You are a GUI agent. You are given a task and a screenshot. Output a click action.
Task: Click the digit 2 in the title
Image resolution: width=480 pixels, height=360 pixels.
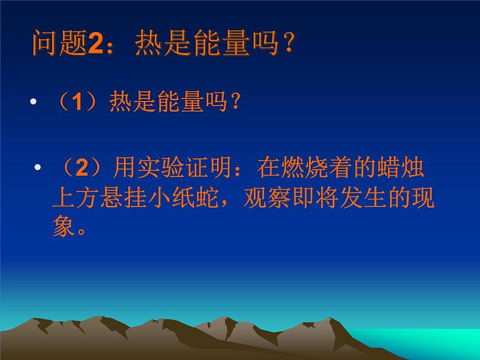[96, 43]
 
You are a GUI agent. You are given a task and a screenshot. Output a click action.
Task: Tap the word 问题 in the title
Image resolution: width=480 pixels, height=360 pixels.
[60, 43]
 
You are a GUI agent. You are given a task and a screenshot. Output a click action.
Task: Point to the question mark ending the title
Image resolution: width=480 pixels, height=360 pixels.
[289, 42]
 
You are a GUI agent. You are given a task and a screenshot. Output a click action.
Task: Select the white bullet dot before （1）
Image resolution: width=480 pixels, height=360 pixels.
[33, 101]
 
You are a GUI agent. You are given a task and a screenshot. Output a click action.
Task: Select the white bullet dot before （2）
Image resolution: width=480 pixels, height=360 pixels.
[37, 167]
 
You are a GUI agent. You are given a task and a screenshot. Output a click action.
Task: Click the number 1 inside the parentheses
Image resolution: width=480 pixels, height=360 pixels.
[78, 101]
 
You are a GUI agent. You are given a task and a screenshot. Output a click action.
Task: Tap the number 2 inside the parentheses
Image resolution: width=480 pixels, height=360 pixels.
[82, 167]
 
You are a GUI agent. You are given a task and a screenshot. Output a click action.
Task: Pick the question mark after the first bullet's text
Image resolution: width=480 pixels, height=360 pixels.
[236, 101]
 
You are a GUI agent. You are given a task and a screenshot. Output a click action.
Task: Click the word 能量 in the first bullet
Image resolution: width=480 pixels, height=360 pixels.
[181, 101]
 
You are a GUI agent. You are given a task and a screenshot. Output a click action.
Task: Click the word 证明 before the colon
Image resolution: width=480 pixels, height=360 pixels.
[209, 167]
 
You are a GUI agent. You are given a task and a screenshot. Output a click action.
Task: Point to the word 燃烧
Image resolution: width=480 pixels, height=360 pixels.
[305, 167]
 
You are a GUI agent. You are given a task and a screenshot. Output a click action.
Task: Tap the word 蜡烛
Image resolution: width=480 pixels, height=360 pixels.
[401, 167]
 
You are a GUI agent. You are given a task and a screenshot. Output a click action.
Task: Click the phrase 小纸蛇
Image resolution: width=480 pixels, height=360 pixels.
[183, 198]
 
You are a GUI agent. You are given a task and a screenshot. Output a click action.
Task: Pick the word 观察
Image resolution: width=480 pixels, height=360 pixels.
[267, 198]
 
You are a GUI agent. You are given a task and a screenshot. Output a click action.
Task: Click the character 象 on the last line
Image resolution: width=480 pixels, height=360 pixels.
[64, 227]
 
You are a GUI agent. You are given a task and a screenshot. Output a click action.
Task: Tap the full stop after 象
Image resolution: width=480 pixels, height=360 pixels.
[82, 231]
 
